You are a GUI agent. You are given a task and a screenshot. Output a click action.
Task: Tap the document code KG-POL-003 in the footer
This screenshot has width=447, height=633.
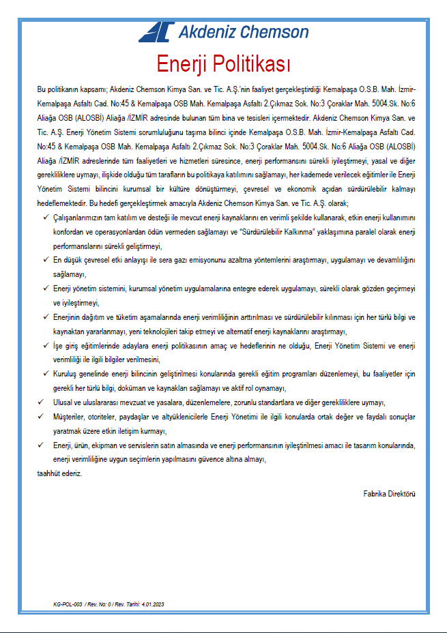[68, 604]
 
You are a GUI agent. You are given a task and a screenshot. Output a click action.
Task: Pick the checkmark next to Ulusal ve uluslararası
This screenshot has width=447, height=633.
[40, 402]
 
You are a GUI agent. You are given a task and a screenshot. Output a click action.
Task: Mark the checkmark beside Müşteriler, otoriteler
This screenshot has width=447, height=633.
[40, 416]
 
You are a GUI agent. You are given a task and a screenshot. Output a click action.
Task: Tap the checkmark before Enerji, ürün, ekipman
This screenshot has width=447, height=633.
[40, 445]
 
